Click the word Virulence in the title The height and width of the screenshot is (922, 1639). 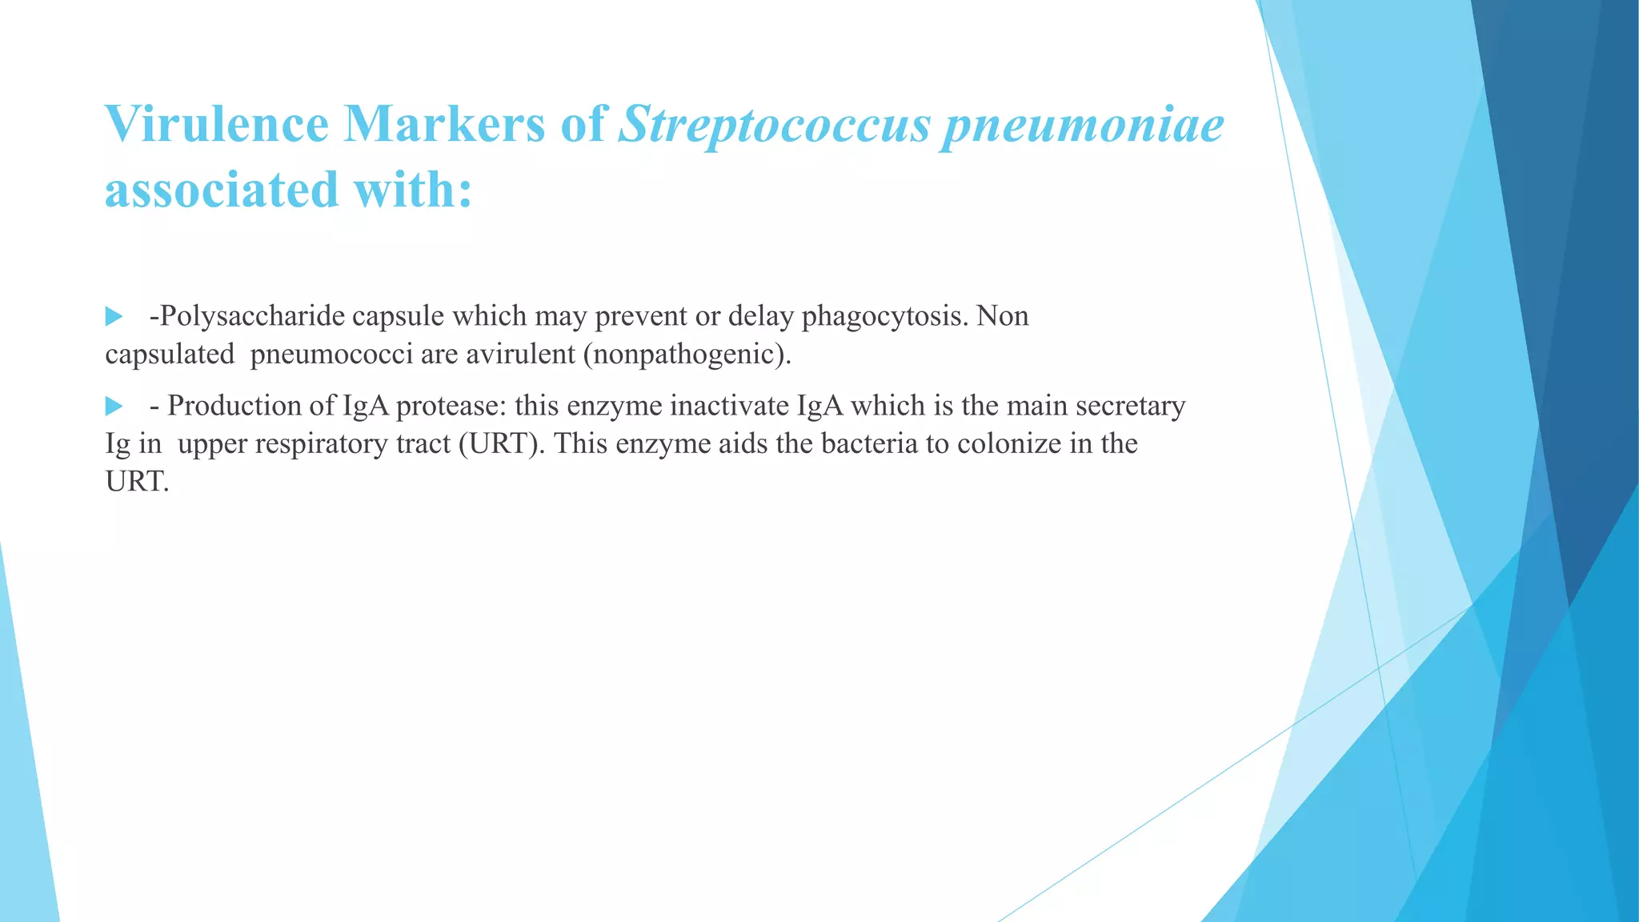click(x=217, y=125)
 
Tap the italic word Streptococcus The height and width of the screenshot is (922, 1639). click(x=775, y=126)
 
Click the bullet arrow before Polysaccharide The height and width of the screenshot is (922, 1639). click(x=114, y=317)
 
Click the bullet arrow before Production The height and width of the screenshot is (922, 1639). click(x=114, y=407)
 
